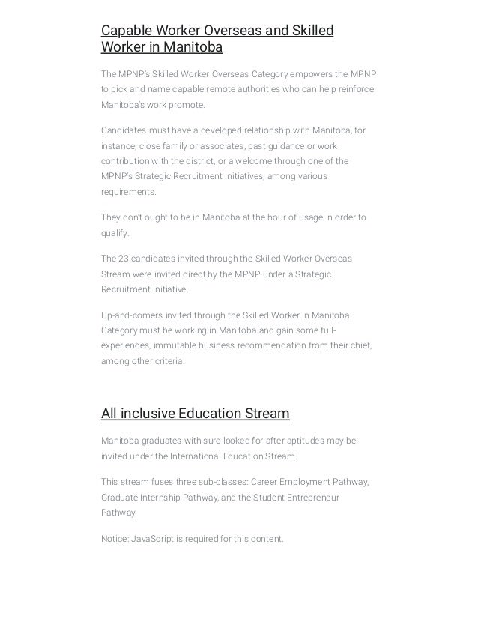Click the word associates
205,145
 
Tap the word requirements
129,192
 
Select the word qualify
114,233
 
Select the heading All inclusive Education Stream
195,414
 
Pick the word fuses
160,481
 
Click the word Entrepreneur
309,497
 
